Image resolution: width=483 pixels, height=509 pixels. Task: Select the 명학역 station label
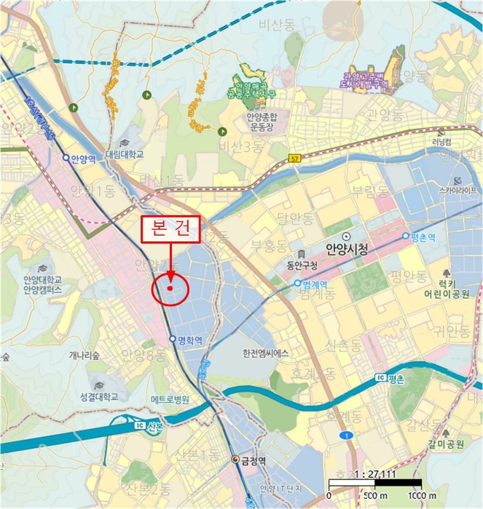pyautogui.click(x=189, y=339)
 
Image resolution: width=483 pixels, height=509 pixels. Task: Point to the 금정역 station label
pyautogui.click(x=255, y=460)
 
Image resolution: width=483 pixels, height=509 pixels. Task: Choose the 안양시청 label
pyautogui.click(x=347, y=249)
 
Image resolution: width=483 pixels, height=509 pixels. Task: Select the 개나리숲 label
pyautogui.click(x=83, y=354)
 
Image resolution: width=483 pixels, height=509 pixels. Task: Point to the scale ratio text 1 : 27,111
pyautogui.click(x=374, y=473)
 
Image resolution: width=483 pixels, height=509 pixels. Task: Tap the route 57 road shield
pyautogui.click(x=294, y=158)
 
